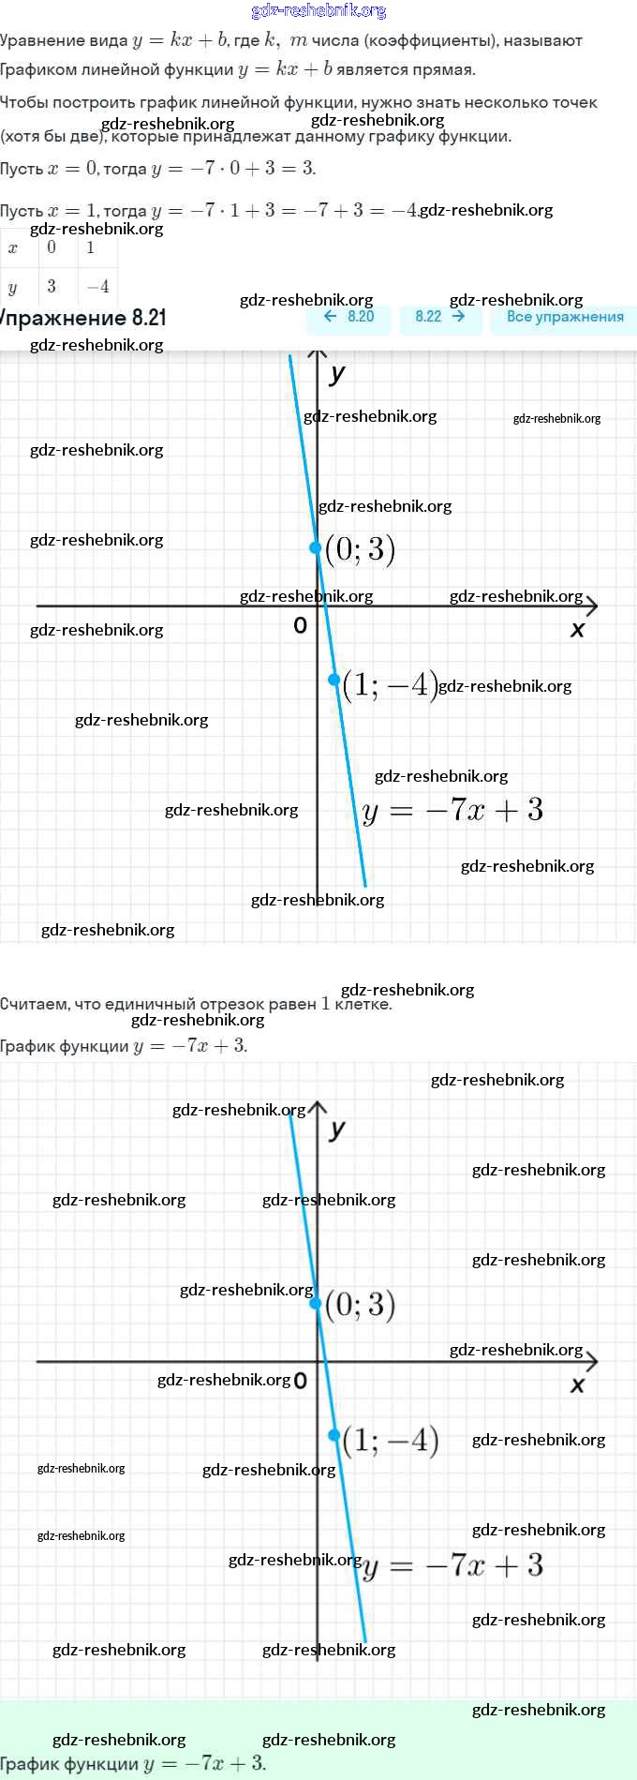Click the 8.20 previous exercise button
348,317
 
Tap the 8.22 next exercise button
439,317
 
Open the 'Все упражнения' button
564,317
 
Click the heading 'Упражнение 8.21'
82,318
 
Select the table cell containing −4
97,286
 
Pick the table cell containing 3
52,286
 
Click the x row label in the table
13,248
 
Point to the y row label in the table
13,287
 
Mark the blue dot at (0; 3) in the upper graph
316,547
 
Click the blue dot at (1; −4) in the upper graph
334,680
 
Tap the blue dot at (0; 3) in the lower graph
316,1303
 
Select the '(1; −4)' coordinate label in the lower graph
391,1440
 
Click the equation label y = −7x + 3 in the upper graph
452,810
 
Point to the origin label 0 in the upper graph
300,625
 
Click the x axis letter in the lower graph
577,1384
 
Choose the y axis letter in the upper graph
337,373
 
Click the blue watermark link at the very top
318,11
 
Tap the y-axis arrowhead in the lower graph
318,1107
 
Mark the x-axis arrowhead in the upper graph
591,606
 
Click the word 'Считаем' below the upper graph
34,1004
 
